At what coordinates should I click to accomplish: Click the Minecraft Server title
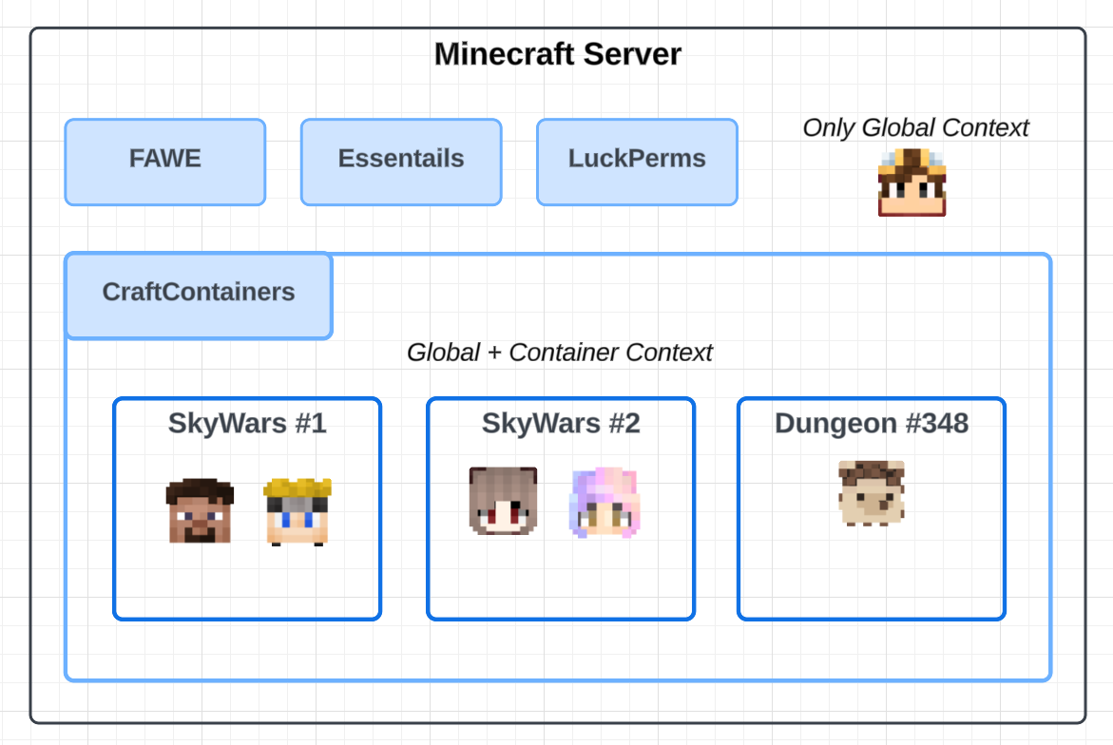click(x=557, y=54)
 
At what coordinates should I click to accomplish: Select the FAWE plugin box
click(x=165, y=162)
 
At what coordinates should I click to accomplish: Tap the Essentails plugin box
click(x=401, y=162)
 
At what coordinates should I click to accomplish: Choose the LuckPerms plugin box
click(x=637, y=162)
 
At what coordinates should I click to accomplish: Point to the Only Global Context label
click(x=915, y=128)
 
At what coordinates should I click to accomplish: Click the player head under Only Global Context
click(x=912, y=182)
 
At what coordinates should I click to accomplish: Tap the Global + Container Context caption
click(x=559, y=353)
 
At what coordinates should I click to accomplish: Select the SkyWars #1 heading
click(x=247, y=423)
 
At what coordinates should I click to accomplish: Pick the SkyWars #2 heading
click(x=561, y=423)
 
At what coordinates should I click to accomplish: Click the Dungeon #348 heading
click(x=872, y=423)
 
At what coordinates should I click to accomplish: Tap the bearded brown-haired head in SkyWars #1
click(x=200, y=511)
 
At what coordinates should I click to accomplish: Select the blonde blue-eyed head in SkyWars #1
click(x=297, y=512)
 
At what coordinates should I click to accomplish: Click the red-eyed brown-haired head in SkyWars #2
click(x=503, y=501)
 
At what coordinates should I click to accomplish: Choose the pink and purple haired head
click(x=605, y=503)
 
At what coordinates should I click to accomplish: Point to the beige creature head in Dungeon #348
click(x=872, y=492)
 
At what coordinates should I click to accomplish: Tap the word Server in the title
click(x=632, y=54)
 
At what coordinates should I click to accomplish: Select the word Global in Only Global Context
click(x=896, y=128)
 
